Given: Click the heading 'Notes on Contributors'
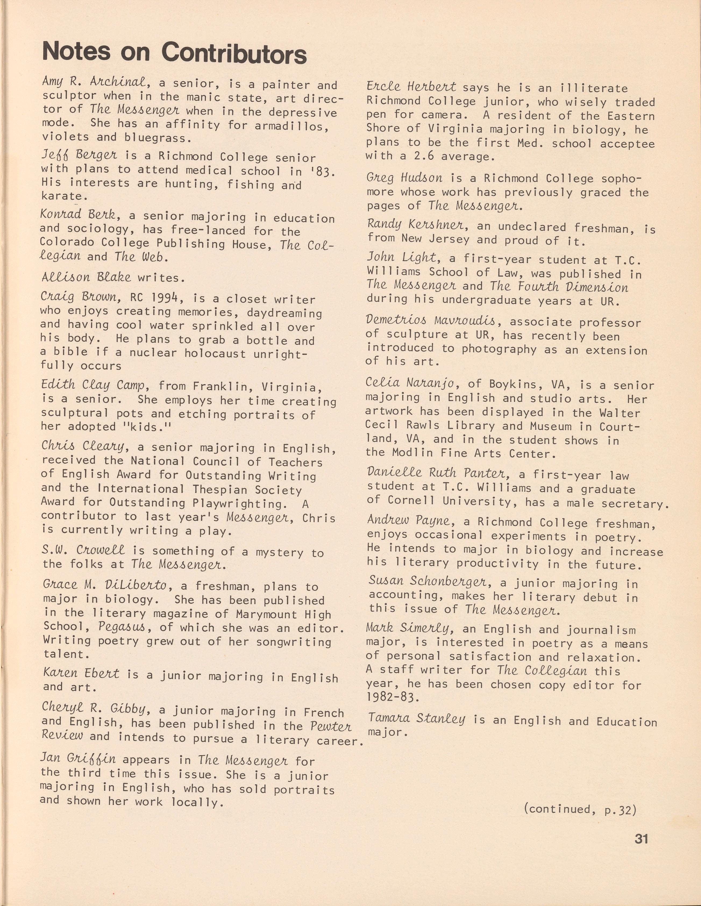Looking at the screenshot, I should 174,53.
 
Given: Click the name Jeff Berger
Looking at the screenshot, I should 79,155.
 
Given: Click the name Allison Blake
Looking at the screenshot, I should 86,277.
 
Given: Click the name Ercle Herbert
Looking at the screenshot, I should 411,87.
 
